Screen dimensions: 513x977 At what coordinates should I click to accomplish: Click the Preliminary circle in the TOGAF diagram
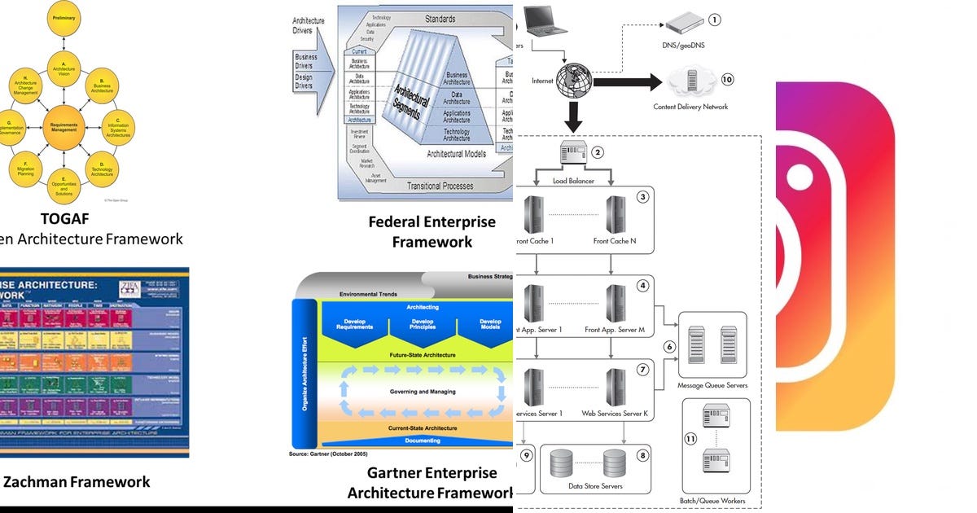[64, 18]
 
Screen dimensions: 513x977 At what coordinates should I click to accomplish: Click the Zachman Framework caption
[77, 481]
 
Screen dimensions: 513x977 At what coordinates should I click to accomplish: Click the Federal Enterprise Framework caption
[432, 231]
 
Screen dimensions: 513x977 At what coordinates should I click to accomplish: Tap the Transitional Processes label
[440, 186]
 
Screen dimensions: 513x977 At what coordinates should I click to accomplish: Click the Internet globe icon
[574, 81]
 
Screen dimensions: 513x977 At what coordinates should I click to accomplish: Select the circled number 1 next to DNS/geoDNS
[715, 20]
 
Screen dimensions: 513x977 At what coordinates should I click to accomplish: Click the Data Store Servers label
[594, 486]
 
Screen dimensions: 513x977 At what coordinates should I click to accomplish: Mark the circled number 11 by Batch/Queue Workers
[690, 438]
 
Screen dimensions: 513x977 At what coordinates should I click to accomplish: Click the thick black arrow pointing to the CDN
[627, 82]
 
